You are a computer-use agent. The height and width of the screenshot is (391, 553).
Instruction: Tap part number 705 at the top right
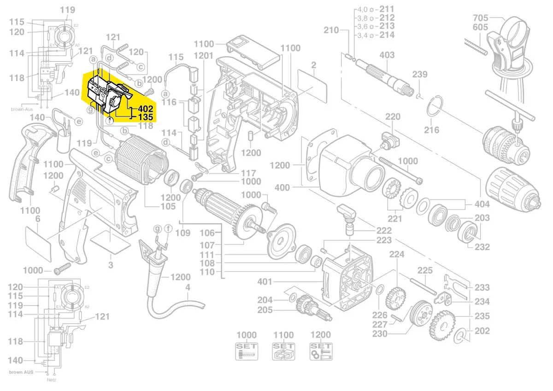coord(481,18)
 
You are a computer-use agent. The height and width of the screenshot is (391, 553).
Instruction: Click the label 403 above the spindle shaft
coord(387,55)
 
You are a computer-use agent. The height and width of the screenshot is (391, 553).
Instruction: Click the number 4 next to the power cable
coord(187,288)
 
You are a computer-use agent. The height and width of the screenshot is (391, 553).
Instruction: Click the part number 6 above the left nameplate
coord(38,219)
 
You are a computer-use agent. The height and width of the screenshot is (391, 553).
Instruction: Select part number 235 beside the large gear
coord(482,316)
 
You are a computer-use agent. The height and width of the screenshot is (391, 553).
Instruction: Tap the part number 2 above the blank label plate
coord(313,65)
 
